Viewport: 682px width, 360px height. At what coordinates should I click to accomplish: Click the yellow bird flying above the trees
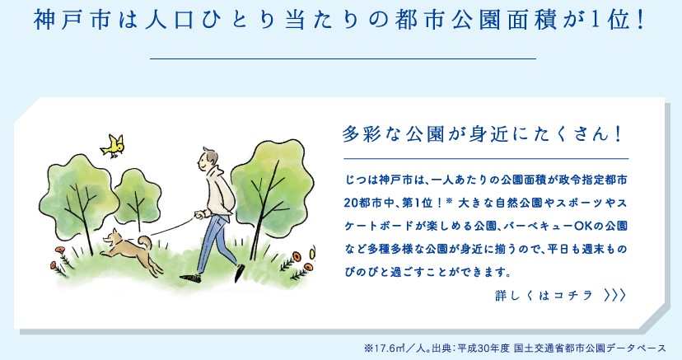[113, 145]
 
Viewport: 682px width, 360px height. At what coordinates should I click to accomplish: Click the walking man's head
[208, 160]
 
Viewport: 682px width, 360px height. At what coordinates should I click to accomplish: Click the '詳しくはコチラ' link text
[544, 296]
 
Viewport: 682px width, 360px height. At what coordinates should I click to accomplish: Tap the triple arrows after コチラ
[615, 296]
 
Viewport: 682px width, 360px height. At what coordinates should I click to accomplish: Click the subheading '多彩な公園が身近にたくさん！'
[482, 134]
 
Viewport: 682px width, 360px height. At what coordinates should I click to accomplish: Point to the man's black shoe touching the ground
[190, 278]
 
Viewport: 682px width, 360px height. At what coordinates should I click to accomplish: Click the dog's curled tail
[144, 241]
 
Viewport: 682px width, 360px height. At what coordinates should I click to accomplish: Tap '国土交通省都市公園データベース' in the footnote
[590, 348]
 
